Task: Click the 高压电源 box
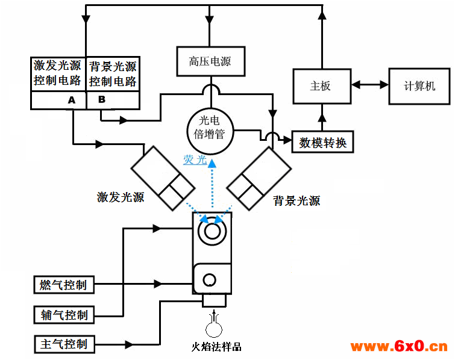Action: pyautogui.click(x=210, y=61)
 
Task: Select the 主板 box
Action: pyautogui.click(x=320, y=85)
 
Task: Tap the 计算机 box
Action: pyautogui.click(x=419, y=85)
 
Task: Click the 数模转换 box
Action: pyautogui.click(x=322, y=143)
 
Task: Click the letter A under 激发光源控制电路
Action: pyautogui.click(x=72, y=100)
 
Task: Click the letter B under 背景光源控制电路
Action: pyautogui.click(x=101, y=99)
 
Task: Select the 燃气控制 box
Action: pyautogui.click(x=63, y=285)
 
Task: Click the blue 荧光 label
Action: pyautogui.click(x=195, y=160)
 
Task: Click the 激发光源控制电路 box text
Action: pyautogui.click(x=57, y=73)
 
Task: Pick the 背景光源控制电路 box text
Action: pyautogui.click(x=113, y=74)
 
